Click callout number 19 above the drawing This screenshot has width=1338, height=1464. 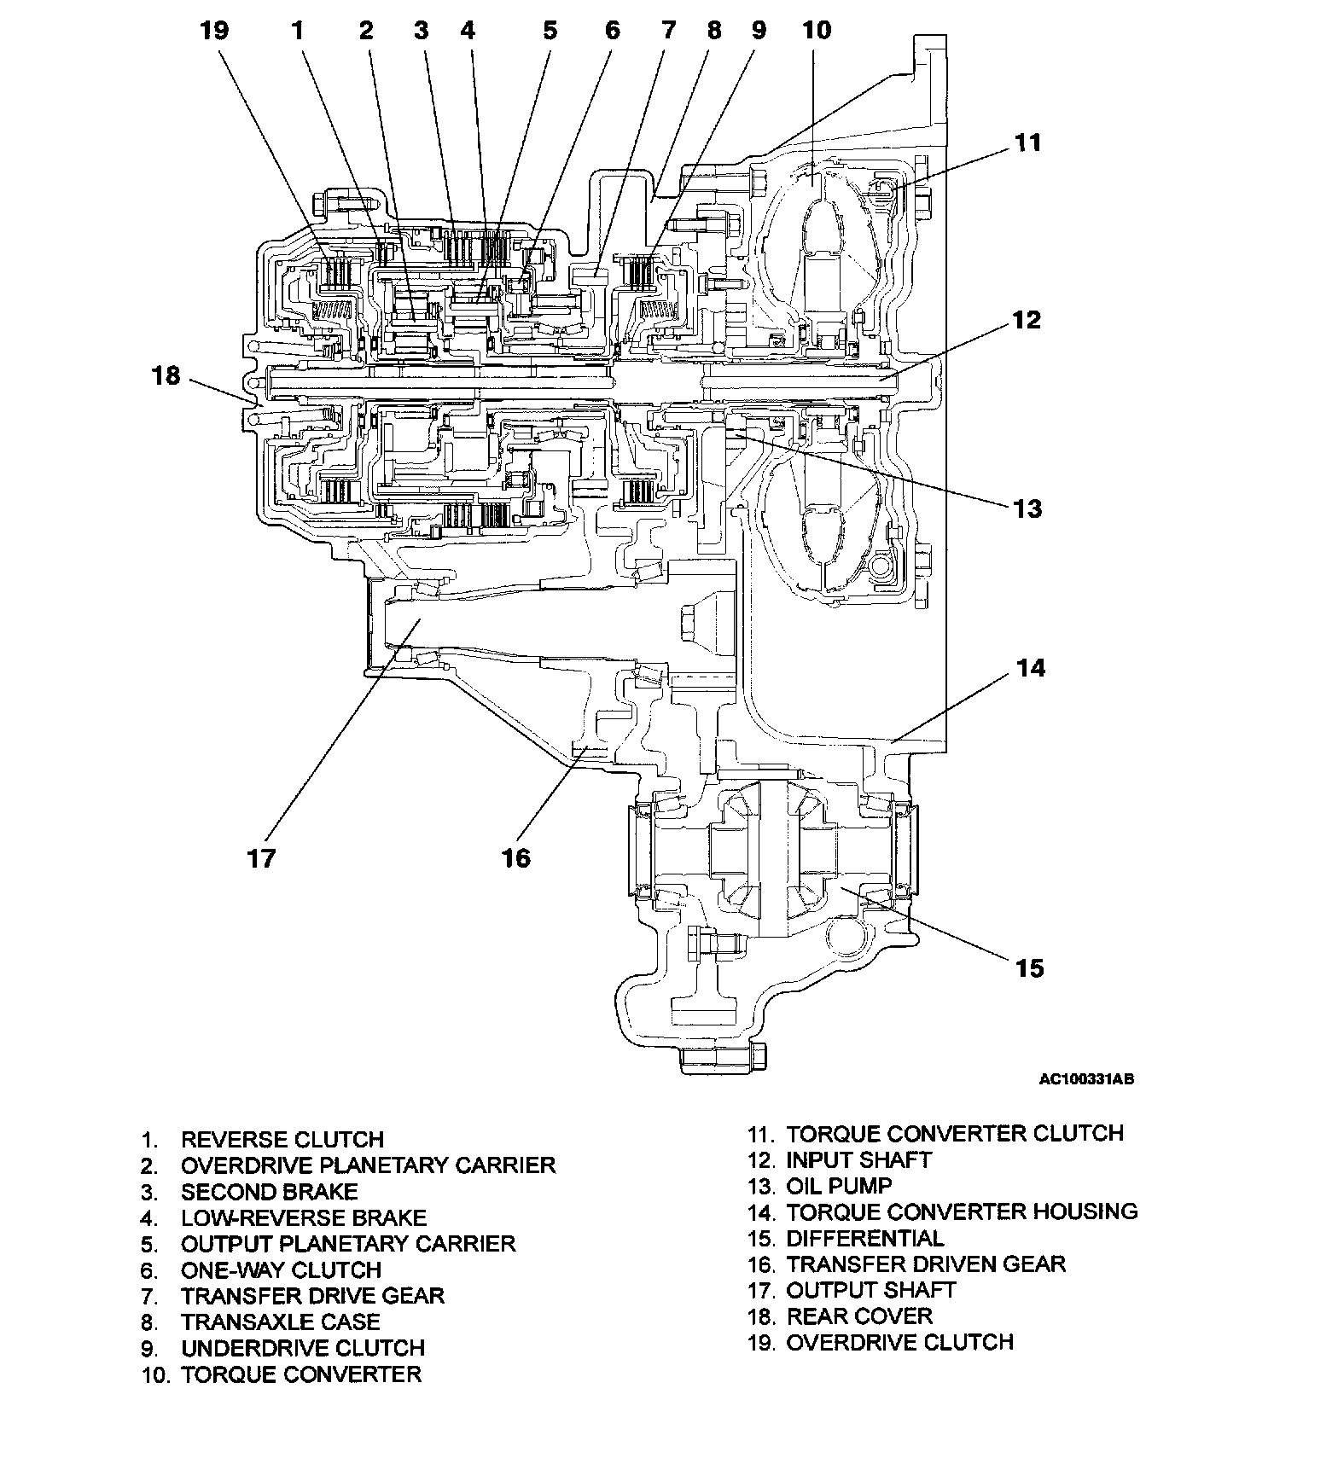point(215,32)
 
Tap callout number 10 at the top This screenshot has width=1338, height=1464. point(817,32)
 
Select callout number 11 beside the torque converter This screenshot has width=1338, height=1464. point(1028,142)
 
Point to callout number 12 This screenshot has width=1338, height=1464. point(1027,320)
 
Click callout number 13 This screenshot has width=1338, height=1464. point(1027,509)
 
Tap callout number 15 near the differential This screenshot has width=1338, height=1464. point(1029,968)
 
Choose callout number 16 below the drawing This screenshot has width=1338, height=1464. point(516,857)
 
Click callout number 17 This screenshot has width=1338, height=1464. point(262,857)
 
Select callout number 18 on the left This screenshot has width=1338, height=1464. point(166,375)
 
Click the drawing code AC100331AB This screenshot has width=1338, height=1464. point(1085,1079)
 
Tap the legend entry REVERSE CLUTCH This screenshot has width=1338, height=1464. point(282,1140)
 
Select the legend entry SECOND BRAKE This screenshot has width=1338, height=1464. point(269,1192)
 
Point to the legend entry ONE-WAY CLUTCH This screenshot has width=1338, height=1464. point(281,1270)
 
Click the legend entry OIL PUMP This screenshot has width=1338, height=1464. point(839,1186)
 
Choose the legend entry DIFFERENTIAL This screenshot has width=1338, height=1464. point(864,1238)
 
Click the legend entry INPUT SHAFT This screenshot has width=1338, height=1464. point(858,1160)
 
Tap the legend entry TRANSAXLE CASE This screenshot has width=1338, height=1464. point(280,1322)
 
